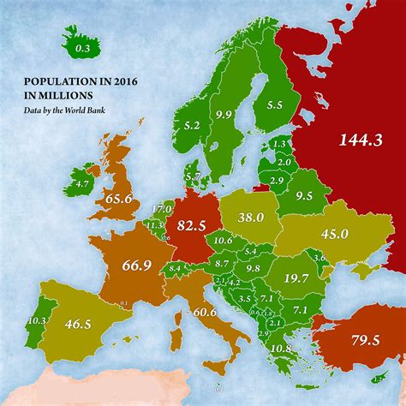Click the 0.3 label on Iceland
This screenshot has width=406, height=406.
[83, 50]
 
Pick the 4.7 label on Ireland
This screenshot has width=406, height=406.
[82, 183]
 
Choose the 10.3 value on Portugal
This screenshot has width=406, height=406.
[36, 321]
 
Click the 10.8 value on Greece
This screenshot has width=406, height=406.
[280, 349]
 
